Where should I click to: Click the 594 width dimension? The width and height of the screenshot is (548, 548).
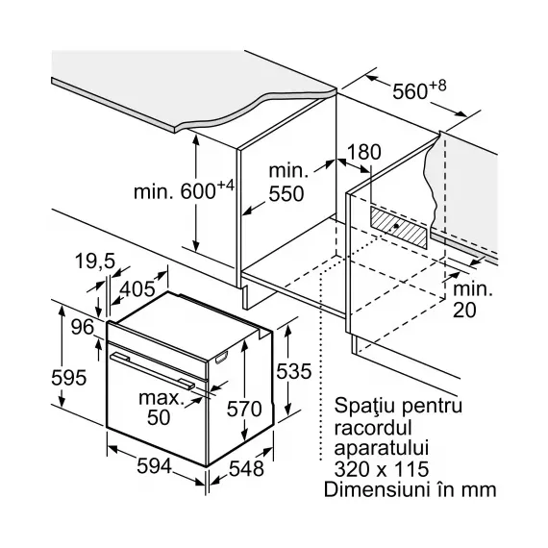tap(154, 466)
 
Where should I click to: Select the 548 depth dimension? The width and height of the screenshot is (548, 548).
tap(246, 468)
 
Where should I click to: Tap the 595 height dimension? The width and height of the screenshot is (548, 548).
tap(68, 378)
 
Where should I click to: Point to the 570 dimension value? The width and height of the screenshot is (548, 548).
tap(244, 409)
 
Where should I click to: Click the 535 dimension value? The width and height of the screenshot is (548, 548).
tap(293, 371)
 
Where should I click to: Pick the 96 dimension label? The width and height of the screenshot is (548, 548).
tap(83, 327)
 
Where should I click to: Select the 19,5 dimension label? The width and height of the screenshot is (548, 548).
tap(95, 262)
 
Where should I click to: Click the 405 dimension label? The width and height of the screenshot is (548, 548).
tap(137, 289)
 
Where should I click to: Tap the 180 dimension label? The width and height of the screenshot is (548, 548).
tap(364, 152)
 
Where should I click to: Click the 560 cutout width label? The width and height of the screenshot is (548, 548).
tap(419, 89)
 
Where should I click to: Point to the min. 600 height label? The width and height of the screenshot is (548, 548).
tap(184, 189)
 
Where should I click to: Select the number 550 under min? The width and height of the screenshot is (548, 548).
tap(286, 194)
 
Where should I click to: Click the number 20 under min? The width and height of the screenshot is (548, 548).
tap(464, 310)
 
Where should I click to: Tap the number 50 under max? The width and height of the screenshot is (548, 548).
tap(159, 417)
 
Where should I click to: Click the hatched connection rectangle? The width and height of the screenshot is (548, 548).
tap(399, 227)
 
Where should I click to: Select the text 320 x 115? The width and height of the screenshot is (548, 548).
tap(382, 469)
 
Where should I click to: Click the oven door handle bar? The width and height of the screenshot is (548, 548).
tap(152, 371)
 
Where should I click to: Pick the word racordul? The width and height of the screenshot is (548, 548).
tap(373, 428)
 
